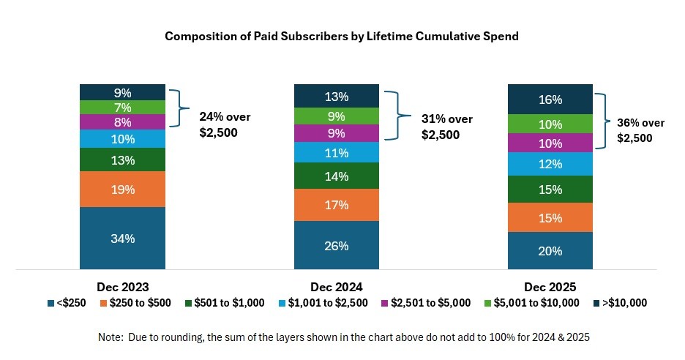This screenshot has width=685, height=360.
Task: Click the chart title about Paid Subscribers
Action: tap(342, 37)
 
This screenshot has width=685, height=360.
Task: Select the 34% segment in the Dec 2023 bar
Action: tap(123, 238)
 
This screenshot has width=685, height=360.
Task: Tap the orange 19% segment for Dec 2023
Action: tap(123, 190)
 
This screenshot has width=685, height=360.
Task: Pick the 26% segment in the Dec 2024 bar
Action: tap(337, 245)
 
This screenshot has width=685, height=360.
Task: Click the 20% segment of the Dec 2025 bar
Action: tap(550, 250)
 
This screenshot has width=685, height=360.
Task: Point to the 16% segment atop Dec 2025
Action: tap(550, 100)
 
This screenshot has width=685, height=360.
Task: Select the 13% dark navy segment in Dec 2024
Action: tap(337, 96)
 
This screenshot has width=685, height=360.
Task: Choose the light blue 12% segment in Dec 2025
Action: tap(550, 164)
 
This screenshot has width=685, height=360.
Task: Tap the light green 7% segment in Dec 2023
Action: tap(123, 108)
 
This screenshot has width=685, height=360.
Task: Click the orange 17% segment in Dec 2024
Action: tap(337, 205)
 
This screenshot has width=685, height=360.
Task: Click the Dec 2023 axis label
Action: tap(123, 287)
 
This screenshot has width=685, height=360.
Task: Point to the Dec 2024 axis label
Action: tap(337, 287)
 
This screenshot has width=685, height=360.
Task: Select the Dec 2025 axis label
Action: tap(550, 287)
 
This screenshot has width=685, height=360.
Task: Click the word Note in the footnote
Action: tap(110, 337)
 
